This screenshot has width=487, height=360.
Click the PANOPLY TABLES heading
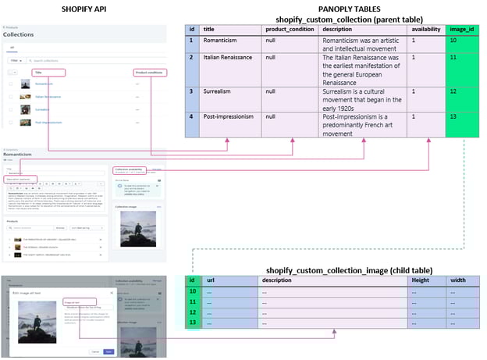pyautogui.click(x=348, y=8)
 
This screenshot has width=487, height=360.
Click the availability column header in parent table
pyautogui.click(x=426, y=30)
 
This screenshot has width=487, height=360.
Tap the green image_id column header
pyautogui.click(x=461, y=30)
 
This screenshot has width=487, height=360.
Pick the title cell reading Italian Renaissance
pyautogui.click(x=230, y=58)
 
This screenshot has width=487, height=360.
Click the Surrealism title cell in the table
pyautogui.click(x=230, y=91)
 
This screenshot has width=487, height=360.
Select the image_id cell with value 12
pyautogui.click(x=461, y=91)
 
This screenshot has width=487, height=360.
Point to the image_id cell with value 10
pyautogui.click(x=461, y=40)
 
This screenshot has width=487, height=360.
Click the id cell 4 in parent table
pyautogui.click(x=193, y=118)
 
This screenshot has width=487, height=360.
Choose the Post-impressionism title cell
pyautogui.click(x=230, y=118)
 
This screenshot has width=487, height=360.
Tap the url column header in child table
pyautogui.click(x=230, y=280)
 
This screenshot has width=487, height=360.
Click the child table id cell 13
pyautogui.click(x=193, y=322)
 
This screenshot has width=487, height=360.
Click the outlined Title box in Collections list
pyautogui.click(x=48, y=72)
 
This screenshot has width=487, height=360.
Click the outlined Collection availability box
pyautogui.click(x=130, y=169)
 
